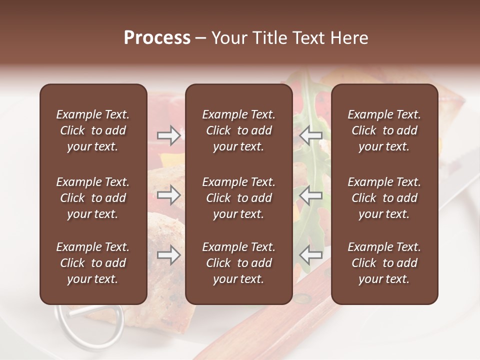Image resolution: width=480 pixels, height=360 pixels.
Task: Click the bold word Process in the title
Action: click(157, 38)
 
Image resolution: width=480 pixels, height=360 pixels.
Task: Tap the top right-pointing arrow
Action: click(168, 135)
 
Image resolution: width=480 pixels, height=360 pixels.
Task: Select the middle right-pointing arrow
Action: click(168, 195)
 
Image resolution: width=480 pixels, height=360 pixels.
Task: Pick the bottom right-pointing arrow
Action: click(168, 255)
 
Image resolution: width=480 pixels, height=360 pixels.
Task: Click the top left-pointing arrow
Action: click(311, 135)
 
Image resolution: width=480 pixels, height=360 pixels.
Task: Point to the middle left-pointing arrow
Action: click(311, 195)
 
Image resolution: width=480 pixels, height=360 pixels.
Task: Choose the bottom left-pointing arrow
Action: click(311, 255)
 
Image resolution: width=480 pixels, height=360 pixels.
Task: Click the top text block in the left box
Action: click(93, 130)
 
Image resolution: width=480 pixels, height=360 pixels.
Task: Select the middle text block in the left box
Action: click(93, 198)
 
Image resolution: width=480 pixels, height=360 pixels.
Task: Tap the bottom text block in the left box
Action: click(93, 263)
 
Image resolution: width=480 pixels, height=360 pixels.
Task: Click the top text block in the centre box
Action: click(238, 130)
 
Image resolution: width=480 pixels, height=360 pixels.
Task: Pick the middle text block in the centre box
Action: click(238, 198)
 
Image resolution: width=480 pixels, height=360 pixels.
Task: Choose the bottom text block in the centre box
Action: click(238, 263)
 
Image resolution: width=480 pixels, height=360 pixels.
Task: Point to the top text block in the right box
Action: click(384, 130)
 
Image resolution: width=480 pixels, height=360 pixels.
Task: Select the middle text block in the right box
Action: click(384, 198)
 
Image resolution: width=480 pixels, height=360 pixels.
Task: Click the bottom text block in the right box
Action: click(384, 263)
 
